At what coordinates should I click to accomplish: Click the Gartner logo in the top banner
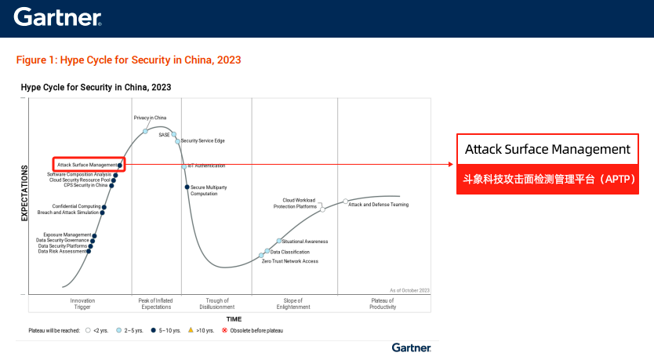click(56, 16)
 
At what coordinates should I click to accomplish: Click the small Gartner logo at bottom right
click(412, 347)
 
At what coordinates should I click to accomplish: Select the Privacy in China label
click(150, 118)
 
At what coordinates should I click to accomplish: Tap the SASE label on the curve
click(164, 135)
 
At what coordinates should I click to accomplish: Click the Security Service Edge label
click(203, 141)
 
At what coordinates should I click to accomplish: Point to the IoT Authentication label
click(206, 165)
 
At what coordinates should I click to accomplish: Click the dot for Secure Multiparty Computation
click(187, 187)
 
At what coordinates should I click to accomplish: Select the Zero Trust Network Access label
click(290, 260)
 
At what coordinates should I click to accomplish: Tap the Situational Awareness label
click(304, 242)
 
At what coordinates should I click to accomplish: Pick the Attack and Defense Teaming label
click(378, 205)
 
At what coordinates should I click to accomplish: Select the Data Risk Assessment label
click(63, 252)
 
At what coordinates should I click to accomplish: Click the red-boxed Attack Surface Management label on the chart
click(87, 165)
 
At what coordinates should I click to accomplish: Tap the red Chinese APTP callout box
click(547, 179)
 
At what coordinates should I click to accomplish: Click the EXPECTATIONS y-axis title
click(24, 192)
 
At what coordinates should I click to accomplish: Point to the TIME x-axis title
click(234, 319)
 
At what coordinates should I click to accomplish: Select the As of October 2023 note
click(409, 290)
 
